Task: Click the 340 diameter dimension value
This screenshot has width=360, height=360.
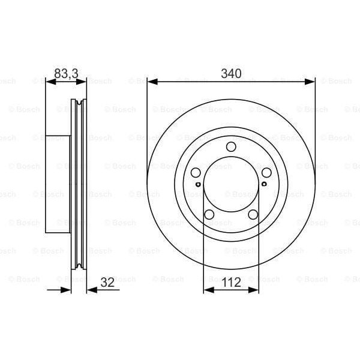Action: coord(231,74)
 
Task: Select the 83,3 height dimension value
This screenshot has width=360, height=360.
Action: coord(66,74)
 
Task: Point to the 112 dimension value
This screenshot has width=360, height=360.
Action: coord(231,281)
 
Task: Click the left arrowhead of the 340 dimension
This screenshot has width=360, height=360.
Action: coord(152,81)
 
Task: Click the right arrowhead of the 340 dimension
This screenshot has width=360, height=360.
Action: coord(310,81)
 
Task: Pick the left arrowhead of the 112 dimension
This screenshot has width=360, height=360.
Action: coord(208,290)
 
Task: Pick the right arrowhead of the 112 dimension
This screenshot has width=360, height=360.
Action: coord(254,290)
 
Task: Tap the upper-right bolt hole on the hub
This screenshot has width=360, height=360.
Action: coord(265,173)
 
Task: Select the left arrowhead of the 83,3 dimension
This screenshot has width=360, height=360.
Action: coord(50,81)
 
